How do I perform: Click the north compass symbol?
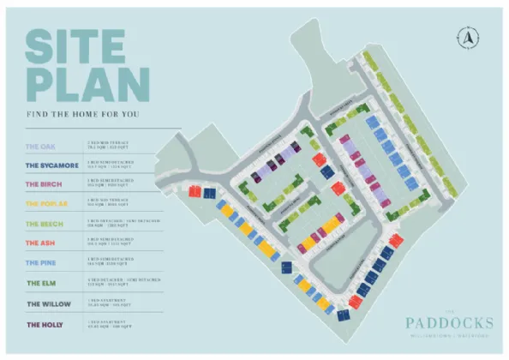pos(468,37)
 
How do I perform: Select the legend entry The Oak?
pos(40,146)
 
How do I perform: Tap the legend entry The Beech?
pos(42,224)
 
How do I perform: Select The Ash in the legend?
pos(39,243)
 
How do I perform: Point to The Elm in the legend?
pos(39,283)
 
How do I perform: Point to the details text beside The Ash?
pos(112,243)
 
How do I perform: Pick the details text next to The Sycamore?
pos(112,165)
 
